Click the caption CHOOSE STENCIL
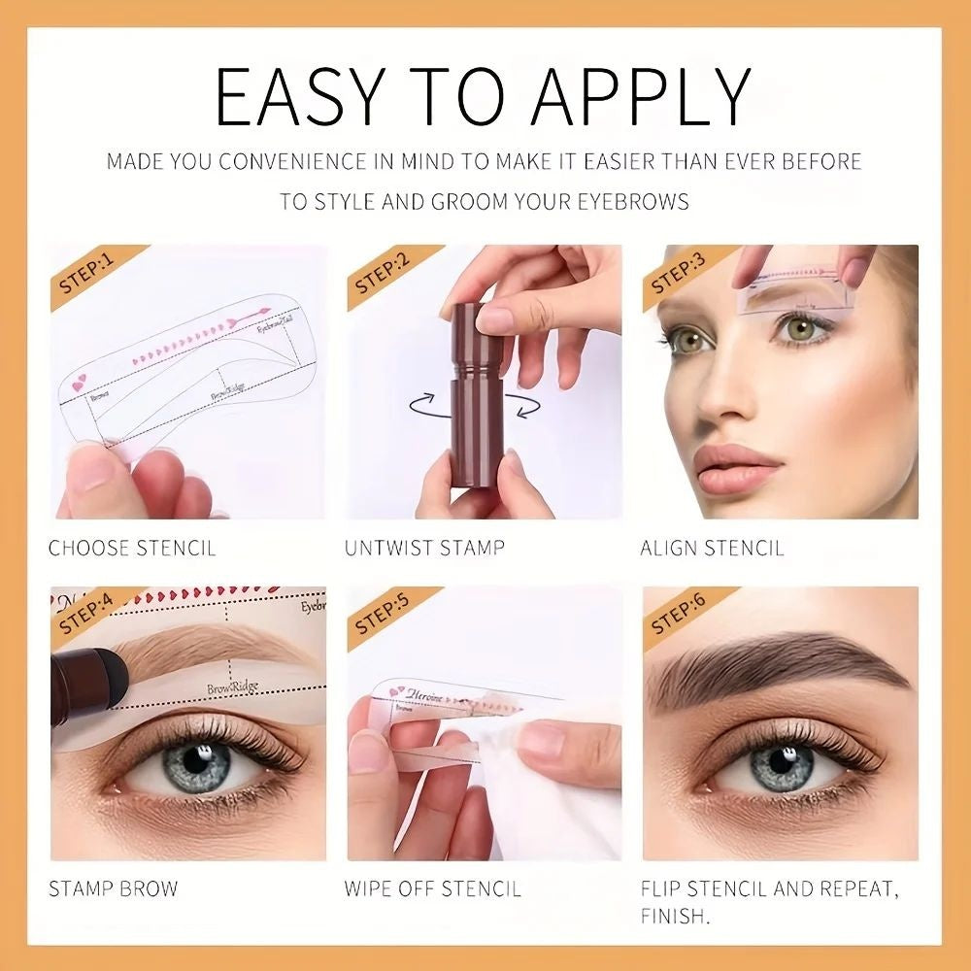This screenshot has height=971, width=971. (132, 549)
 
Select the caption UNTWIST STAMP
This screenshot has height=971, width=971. (424, 549)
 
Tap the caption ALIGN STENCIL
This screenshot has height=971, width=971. (712, 549)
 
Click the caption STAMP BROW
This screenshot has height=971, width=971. (114, 888)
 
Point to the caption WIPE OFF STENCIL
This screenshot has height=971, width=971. (432, 888)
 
